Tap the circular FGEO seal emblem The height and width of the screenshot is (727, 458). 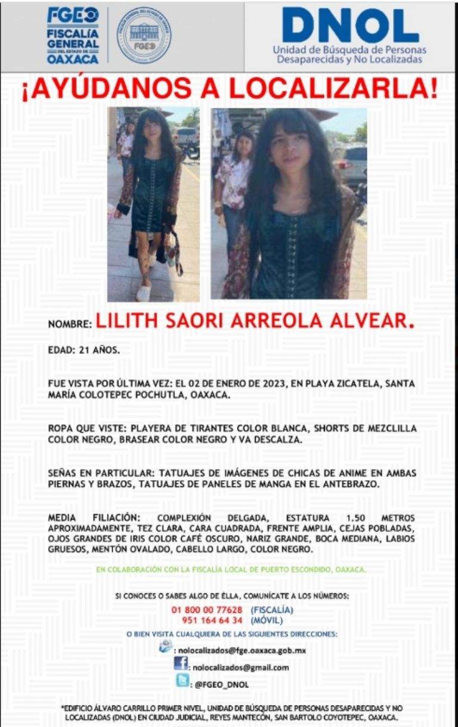pyautogui.click(x=143, y=35)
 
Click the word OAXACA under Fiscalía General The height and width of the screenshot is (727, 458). pyautogui.click(x=73, y=60)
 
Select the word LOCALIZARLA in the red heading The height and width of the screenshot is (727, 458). pyautogui.click(x=329, y=89)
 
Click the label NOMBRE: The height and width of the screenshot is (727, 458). pyautogui.click(x=70, y=325)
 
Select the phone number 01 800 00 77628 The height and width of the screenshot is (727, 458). pyautogui.click(x=206, y=610)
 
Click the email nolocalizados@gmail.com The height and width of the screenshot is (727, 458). pyautogui.click(x=240, y=667)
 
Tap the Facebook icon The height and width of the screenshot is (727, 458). pyautogui.click(x=181, y=664)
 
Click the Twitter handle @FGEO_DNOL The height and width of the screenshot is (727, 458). pyautogui.click(x=222, y=685)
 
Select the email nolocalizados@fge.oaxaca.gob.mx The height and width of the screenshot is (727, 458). pyautogui.click(x=242, y=651)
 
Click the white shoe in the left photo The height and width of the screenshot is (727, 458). pyautogui.click(x=144, y=293)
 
